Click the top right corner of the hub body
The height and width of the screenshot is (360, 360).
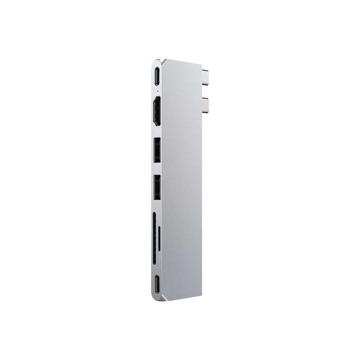pyautogui.click(x=199, y=60)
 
